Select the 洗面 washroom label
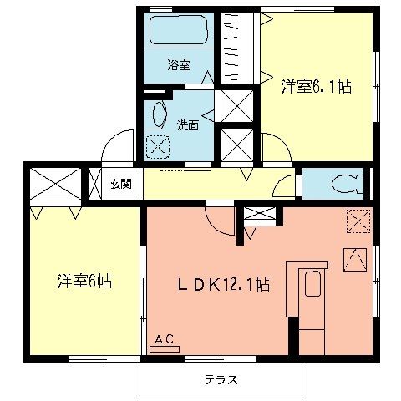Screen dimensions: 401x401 click(186, 125)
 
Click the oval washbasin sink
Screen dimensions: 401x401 click(158, 114)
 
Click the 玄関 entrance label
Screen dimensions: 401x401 click(120, 184)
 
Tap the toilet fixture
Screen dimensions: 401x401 click(346, 183)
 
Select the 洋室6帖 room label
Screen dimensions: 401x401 click(85, 281)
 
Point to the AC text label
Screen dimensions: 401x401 click(165, 338)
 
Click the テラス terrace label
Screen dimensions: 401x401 click(221, 380)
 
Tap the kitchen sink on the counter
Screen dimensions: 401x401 click(312, 285)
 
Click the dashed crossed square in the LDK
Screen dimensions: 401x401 click(358, 221)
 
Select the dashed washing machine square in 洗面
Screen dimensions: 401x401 click(156, 145)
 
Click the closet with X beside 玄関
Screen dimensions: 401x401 click(56, 183)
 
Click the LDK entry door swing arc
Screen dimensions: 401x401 click(219, 222)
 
